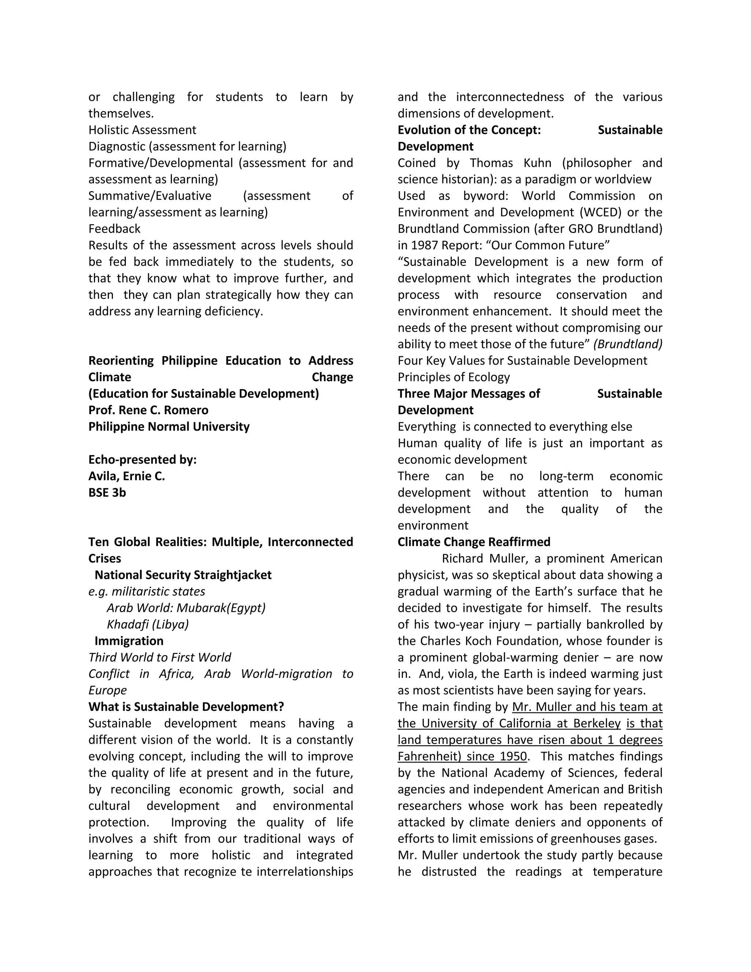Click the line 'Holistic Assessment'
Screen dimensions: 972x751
point(142,130)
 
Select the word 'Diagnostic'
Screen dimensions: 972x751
point(117,146)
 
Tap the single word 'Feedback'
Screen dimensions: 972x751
point(114,229)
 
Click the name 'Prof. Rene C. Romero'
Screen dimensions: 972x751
point(148,410)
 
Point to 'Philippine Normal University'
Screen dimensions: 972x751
point(169,426)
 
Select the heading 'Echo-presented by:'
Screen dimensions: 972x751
point(142,459)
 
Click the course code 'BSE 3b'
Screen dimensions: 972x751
point(107,492)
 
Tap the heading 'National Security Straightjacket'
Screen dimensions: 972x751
point(183,575)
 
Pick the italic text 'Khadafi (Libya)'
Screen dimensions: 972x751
point(148,624)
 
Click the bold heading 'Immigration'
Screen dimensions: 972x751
point(129,641)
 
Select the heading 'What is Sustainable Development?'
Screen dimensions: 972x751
point(186,707)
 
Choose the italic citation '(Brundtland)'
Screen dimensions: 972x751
point(628,344)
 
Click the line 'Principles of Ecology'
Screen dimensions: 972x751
point(453,377)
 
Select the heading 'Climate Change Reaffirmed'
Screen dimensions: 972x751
point(474,542)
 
